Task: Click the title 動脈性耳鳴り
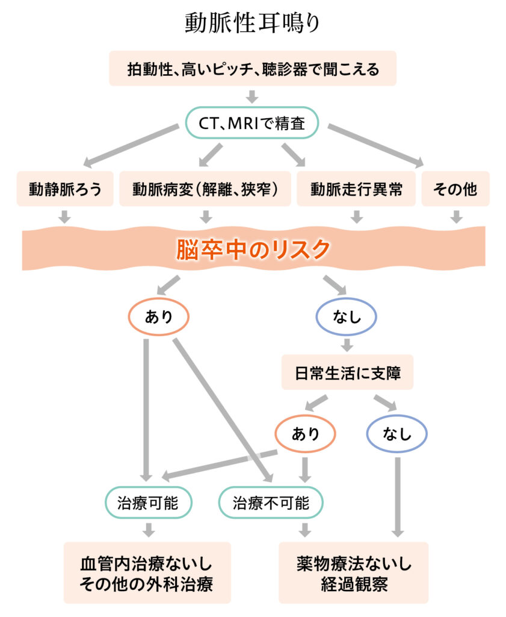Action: click(252, 22)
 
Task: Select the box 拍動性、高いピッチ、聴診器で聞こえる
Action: click(253, 69)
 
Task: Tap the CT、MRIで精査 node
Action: click(252, 123)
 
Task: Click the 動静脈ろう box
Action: click(65, 189)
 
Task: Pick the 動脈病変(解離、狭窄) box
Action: click(205, 189)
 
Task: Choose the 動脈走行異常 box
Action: click(356, 189)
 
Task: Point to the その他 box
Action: click(455, 189)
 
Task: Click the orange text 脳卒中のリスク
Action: click(253, 249)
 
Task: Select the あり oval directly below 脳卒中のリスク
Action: click(159, 317)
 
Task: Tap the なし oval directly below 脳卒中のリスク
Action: click(347, 317)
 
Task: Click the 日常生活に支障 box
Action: click(347, 372)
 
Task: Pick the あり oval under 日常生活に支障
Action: click(305, 434)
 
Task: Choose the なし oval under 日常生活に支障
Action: click(396, 434)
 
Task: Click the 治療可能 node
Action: click(149, 503)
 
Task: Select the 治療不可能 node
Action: click(271, 503)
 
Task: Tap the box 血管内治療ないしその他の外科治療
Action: click(147, 573)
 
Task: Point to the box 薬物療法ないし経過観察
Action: click(354, 573)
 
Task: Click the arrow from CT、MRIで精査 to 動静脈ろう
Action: click(131, 145)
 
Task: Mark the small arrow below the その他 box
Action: click(456, 216)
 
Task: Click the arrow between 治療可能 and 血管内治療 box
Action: click(149, 530)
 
